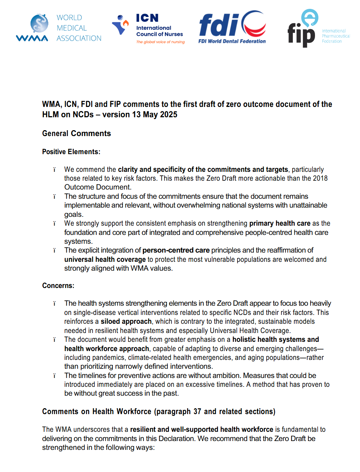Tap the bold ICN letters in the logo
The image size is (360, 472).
tap(147, 18)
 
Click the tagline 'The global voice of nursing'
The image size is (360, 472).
tap(160, 42)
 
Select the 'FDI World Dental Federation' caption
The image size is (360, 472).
tap(232, 41)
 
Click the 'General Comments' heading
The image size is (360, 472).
tap(76, 133)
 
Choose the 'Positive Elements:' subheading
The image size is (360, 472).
tap(71, 152)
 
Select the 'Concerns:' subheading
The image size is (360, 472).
tap(58, 286)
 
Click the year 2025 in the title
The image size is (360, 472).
tap(169, 115)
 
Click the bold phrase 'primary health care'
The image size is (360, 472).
tap(280, 223)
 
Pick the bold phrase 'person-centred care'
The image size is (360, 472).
tap(176, 250)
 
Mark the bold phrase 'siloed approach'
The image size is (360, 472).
tap(126, 322)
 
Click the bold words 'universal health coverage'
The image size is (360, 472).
tap(105, 260)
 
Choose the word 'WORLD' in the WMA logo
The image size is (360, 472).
tap(69, 18)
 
